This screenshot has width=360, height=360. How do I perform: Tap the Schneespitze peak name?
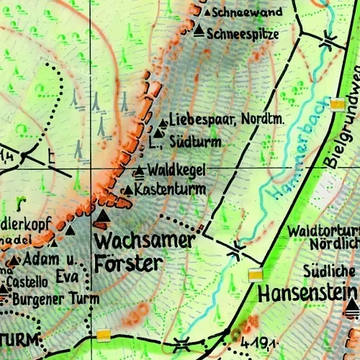coord(242,33)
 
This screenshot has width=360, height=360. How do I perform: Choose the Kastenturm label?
coord(170,189)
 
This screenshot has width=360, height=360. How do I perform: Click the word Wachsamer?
coord(144,240)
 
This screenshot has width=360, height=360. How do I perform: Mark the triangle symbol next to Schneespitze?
coord(199,32)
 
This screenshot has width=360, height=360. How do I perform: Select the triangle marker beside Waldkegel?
coord(140,171)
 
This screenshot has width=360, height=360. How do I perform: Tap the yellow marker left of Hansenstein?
coord(256,274)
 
